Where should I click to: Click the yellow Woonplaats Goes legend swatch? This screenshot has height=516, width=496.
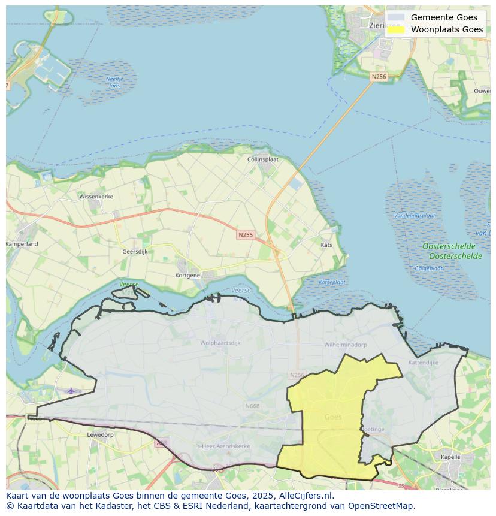tap(396, 29)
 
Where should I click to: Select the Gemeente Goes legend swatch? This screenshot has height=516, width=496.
tap(396, 17)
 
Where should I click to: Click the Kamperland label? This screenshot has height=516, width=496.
tap(22, 244)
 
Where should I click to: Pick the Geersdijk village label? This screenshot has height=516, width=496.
tap(135, 252)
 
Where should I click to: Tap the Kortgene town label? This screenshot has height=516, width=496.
tap(187, 275)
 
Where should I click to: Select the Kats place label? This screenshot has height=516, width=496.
tap(326, 245)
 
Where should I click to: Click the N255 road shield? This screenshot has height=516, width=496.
tap(245, 235)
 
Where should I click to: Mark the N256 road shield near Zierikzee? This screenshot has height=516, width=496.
tap(379, 77)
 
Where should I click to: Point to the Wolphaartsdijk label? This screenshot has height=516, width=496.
tap(220, 343)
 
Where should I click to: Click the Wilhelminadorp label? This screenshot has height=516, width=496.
tap(345, 345)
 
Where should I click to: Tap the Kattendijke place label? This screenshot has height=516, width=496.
tap(423, 363)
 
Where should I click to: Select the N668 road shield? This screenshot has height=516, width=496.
tap(252, 406)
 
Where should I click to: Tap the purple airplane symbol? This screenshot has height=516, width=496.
tap(71, 391)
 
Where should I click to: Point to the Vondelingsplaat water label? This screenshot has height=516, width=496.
tap(414, 215)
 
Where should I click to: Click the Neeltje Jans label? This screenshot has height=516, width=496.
tap(114, 82)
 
